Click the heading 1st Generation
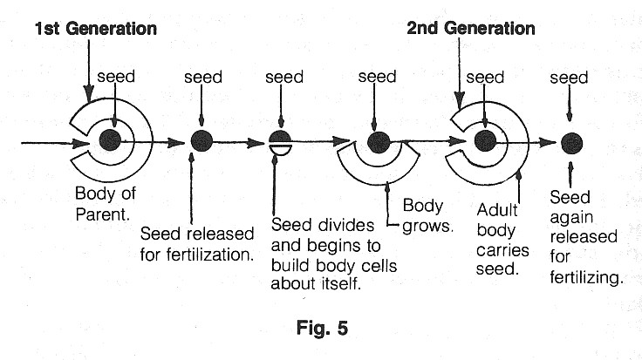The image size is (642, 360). [x=96, y=29]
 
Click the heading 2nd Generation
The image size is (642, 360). [x=471, y=29]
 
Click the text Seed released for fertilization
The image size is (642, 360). [x=198, y=245]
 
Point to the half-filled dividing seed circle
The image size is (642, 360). [x=280, y=141]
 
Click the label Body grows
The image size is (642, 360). [x=424, y=217]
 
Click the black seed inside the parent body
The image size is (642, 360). [x=111, y=139]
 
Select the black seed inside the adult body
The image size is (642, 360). [x=485, y=139]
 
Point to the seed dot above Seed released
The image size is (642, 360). [x=201, y=139]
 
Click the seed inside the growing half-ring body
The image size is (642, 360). [x=378, y=140]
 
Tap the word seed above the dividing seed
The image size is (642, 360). [x=284, y=78]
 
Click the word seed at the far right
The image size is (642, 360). [x=569, y=78]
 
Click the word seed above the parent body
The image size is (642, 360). [x=116, y=77]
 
